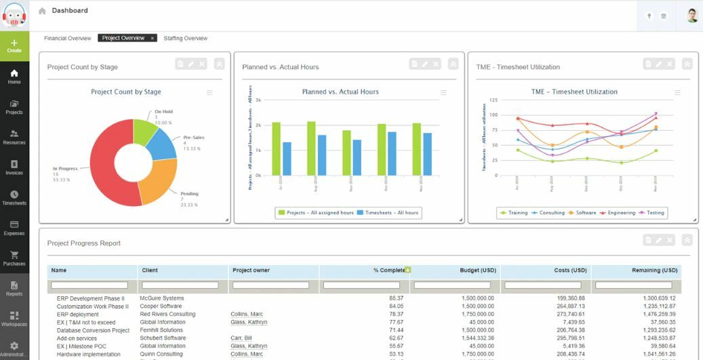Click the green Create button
click(x=14, y=46)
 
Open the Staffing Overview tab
click(x=185, y=39)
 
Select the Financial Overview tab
click(x=67, y=39)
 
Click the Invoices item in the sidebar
click(x=14, y=167)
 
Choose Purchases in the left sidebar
click(x=14, y=258)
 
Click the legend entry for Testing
click(x=651, y=213)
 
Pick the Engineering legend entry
click(x=618, y=213)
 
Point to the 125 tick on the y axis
click(x=493, y=100)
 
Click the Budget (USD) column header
click(x=479, y=271)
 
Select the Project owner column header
click(x=251, y=271)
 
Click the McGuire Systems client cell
click(x=161, y=298)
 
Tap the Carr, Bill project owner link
click(x=242, y=338)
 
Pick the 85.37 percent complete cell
click(x=397, y=298)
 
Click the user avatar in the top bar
click(x=691, y=16)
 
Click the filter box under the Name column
click(x=89, y=285)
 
